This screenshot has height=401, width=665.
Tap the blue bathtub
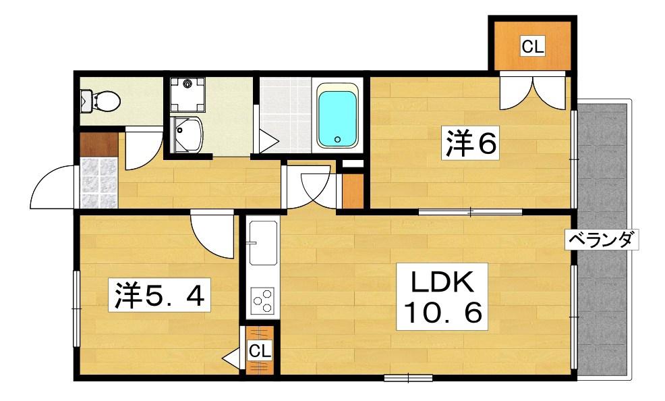tap(337, 117)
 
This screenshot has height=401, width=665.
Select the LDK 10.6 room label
tap(442, 296)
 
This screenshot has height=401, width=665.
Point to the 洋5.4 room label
tap(158, 294)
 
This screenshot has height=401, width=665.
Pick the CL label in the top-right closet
tap(533, 47)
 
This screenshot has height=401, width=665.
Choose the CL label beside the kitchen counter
tap(259, 350)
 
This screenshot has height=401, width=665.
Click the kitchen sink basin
tap(263, 243)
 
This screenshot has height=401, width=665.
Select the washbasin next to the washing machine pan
tap(186, 134)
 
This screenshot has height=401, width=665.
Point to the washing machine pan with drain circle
tap(187, 95)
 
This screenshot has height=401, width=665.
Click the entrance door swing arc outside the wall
tap(52, 187)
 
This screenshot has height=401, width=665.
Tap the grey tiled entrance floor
tap(98, 183)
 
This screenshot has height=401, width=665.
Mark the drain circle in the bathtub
tap(338, 139)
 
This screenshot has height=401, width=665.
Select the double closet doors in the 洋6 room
tap(532, 90)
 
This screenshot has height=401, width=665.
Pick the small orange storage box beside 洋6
tap(353, 191)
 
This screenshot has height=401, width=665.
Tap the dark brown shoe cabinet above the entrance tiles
tap(98, 144)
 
